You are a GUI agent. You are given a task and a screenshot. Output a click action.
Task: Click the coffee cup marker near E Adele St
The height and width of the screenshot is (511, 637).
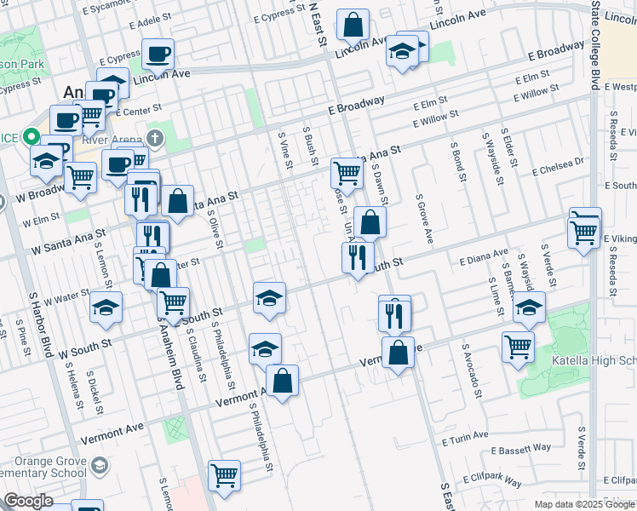pyautogui.click(x=158, y=55)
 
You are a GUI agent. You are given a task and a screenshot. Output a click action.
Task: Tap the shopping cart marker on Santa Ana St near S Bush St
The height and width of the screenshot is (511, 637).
pyautogui.click(x=347, y=173)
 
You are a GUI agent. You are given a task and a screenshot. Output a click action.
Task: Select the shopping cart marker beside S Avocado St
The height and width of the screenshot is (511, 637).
pyautogui.click(x=518, y=347)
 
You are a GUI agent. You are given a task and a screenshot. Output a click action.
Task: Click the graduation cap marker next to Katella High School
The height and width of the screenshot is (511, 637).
pyautogui.click(x=529, y=307)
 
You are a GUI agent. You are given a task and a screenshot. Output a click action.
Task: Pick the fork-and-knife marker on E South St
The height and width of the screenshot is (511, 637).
pyautogui.click(x=358, y=256)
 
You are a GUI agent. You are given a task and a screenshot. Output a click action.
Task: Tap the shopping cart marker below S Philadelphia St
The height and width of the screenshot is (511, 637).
pyautogui.click(x=225, y=475)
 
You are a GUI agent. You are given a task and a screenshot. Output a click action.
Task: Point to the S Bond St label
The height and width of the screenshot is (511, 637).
pyautogui.click(x=458, y=163)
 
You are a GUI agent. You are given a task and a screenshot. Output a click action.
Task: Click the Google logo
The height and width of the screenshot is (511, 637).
pyautogui.click(x=29, y=501)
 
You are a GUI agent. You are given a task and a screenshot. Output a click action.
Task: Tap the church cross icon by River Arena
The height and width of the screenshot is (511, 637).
pyautogui.click(x=154, y=137)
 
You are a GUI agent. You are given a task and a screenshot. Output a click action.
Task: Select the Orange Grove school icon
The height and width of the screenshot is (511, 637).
pyautogui.click(x=100, y=465)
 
